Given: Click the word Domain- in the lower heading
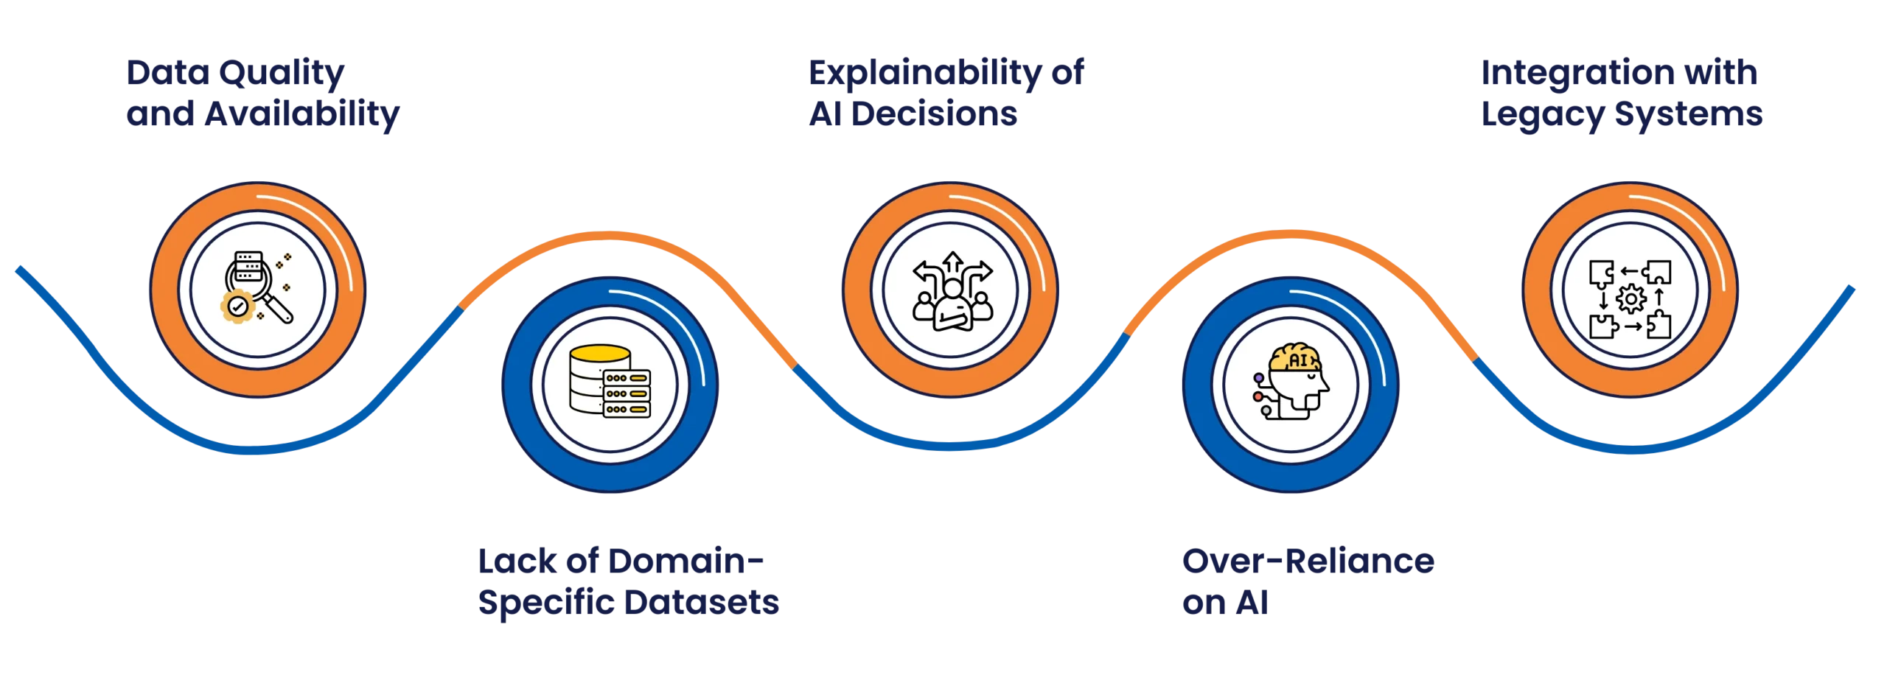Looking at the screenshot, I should click(x=686, y=563).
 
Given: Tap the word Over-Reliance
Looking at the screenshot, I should click(x=1308, y=563).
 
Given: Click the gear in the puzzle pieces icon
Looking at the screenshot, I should click(x=1630, y=299).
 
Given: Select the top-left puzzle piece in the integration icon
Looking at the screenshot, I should click(x=1600, y=272).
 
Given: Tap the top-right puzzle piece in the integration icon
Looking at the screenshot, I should click(x=1658, y=272).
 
